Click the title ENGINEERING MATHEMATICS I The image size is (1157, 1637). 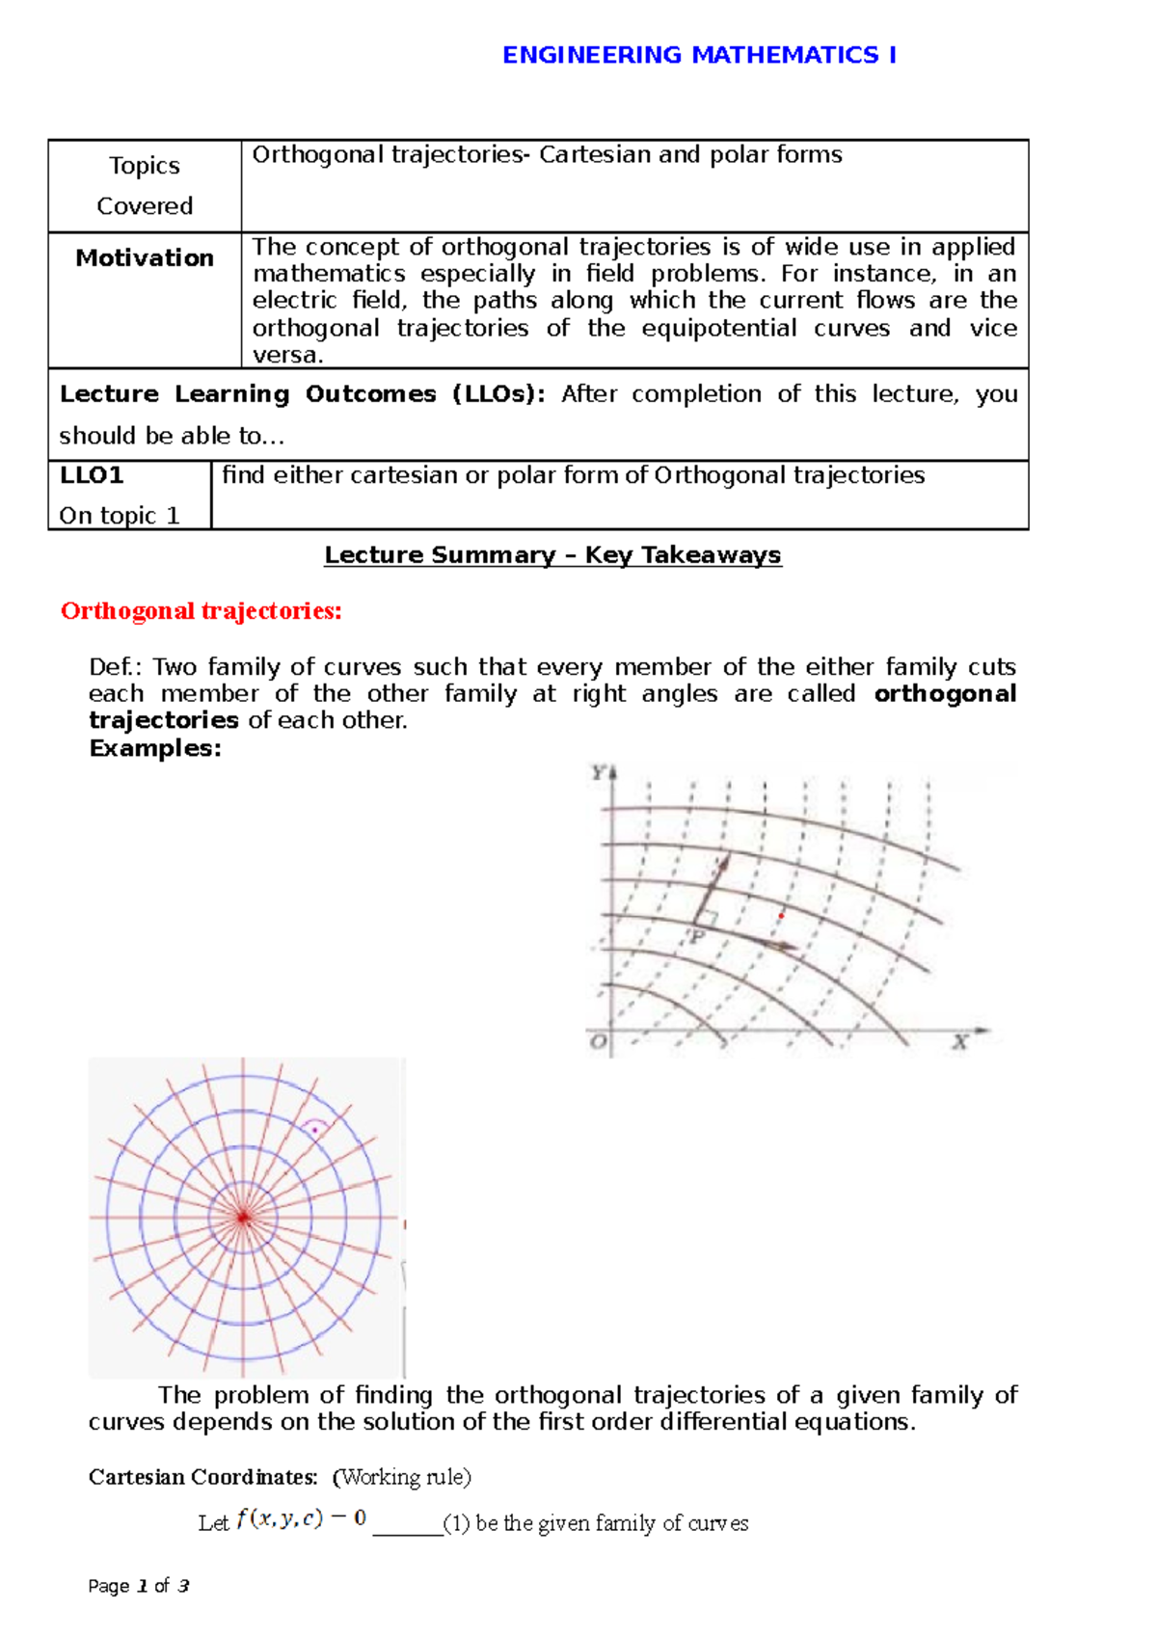(x=699, y=55)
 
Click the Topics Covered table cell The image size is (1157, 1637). (x=145, y=185)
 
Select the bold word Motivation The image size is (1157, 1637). (x=145, y=257)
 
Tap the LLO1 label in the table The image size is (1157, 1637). (x=92, y=475)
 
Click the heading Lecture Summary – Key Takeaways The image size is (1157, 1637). (x=552, y=555)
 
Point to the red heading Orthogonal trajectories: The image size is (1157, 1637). (x=201, y=611)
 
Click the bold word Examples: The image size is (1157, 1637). (x=155, y=748)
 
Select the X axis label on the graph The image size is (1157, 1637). (x=960, y=1042)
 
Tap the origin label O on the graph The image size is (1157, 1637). (x=599, y=1043)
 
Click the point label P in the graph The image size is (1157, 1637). (x=698, y=936)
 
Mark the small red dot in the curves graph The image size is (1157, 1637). (x=781, y=915)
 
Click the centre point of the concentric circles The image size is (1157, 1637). (x=243, y=1219)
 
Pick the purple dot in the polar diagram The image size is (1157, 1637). (x=315, y=1130)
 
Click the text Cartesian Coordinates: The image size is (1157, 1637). (x=202, y=1477)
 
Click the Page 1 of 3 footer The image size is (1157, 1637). (x=138, y=1586)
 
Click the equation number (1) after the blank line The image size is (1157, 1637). (x=456, y=1523)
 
